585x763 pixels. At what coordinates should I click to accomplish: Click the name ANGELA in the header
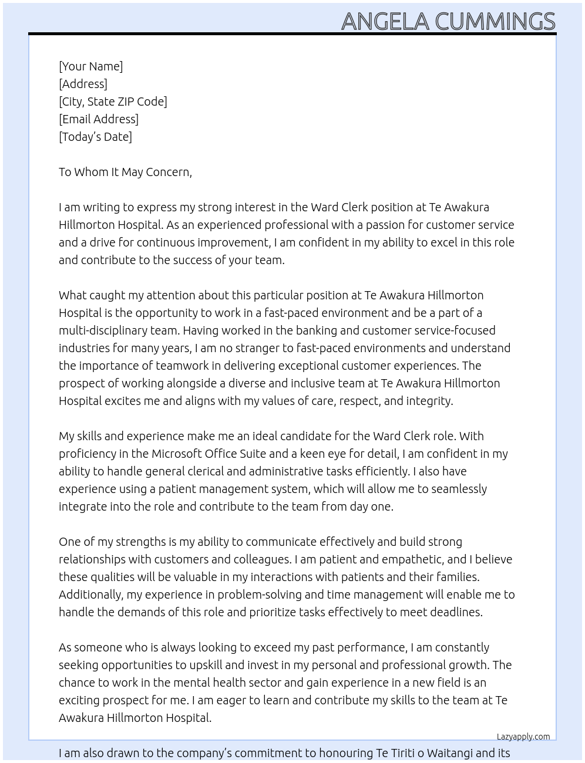[x=385, y=21]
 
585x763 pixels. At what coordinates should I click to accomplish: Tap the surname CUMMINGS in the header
[x=495, y=21]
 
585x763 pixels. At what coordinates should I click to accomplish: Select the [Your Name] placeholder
[x=90, y=66]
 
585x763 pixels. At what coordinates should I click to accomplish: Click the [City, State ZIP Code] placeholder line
[x=113, y=102]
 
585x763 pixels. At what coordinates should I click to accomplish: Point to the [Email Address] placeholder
[x=99, y=119]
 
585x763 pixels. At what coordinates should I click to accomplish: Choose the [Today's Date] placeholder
[x=95, y=137]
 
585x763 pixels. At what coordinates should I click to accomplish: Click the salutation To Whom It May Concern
[x=125, y=172]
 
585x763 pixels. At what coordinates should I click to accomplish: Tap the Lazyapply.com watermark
[x=523, y=737]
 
